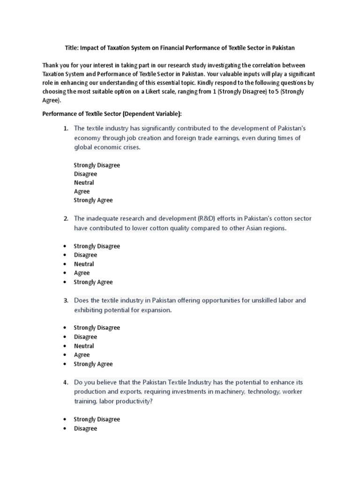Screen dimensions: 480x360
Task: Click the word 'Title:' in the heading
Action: pyautogui.click(x=72, y=48)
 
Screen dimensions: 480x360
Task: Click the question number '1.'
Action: pyautogui.click(x=66, y=128)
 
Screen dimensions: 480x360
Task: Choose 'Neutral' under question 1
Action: pyautogui.click(x=84, y=183)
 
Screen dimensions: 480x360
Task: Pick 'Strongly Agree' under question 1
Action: pyautogui.click(x=93, y=200)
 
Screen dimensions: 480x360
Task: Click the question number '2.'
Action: pyautogui.click(x=66, y=218)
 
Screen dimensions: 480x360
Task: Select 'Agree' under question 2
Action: pyautogui.click(x=82, y=273)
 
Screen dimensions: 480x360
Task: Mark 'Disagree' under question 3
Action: pyautogui.click(x=85, y=337)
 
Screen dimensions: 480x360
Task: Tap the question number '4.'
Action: pyautogui.click(x=66, y=382)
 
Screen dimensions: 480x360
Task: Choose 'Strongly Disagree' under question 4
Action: pyautogui.click(x=97, y=420)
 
